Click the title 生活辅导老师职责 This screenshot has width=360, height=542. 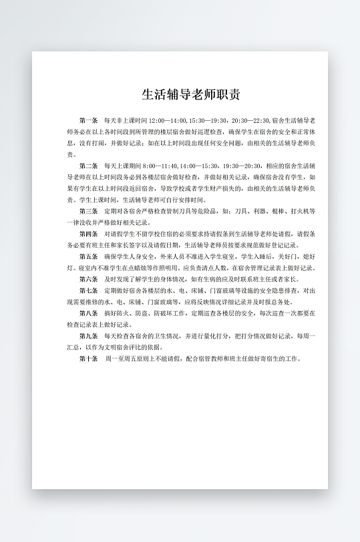point(181,94)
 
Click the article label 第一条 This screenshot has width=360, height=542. point(88,120)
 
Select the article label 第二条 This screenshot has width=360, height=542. point(88,166)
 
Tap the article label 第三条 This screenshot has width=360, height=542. point(88,211)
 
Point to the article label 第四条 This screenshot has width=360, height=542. point(88,234)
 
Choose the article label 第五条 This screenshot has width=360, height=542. point(88,256)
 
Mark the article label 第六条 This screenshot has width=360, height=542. point(88,279)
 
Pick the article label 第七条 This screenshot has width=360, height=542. point(88,290)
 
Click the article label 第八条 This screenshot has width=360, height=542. point(88,313)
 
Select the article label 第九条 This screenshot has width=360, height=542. point(88,336)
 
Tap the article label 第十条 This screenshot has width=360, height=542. point(88,358)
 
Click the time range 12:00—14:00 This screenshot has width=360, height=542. point(168,120)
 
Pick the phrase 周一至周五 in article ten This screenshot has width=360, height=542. point(119,358)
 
